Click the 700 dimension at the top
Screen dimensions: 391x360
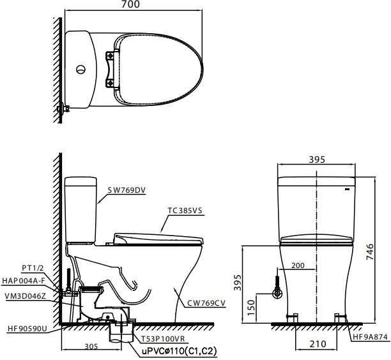130,4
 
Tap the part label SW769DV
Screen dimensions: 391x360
126,190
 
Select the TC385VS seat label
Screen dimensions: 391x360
185,211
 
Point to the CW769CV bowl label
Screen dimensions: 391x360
206,303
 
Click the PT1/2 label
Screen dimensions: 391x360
33,268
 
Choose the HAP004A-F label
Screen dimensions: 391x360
24,281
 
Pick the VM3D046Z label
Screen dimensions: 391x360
25,296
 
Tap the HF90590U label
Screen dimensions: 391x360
27,329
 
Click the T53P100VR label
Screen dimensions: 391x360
163,339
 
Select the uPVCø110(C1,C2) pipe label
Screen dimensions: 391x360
180,351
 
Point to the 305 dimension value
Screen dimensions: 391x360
91,347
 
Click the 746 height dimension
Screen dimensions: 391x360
370,252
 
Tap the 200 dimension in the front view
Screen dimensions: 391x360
298,266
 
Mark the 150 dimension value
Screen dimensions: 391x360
251,308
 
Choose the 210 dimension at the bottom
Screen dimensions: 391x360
318,344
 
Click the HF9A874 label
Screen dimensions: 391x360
371,337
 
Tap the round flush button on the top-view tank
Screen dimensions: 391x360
80,70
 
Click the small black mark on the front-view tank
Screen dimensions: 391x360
347,190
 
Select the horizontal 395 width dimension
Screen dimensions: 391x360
317,160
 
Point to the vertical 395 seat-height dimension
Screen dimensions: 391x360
238,283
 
